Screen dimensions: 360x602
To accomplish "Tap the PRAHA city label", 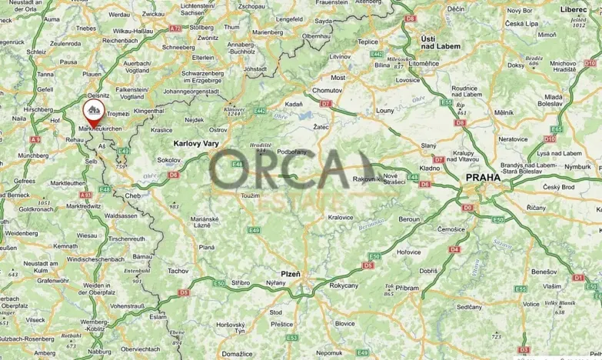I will pos(483,178).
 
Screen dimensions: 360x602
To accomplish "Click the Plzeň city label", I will pos(291,274).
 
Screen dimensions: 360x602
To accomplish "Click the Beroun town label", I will pos(408,219).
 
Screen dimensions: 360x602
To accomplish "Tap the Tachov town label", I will pos(178,272).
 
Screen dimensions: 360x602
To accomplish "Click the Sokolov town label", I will pos(168,160).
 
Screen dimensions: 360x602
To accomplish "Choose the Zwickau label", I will pos(153,14).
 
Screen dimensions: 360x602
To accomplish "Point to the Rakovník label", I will pos(367,179).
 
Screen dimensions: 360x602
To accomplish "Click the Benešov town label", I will pos(542,272).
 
